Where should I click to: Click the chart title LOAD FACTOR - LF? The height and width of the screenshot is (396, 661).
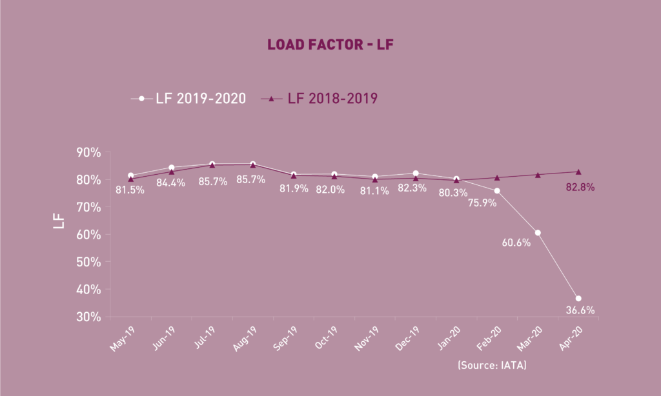(x=330, y=45)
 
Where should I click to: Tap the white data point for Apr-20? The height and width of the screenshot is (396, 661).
(x=578, y=299)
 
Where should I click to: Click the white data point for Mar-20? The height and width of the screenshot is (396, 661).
(x=538, y=233)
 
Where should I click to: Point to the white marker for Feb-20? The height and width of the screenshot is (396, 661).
(x=497, y=191)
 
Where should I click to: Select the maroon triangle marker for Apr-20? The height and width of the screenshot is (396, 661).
(x=578, y=172)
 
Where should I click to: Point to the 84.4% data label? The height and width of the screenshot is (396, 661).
(x=171, y=183)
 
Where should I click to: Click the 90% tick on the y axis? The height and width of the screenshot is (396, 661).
(x=88, y=153)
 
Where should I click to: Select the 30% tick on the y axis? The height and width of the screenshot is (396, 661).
(x=88, y=317)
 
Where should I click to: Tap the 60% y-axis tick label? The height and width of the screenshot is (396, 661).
(x=88, y=235)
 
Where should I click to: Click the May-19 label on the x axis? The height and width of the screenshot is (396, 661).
(x=122, y=337)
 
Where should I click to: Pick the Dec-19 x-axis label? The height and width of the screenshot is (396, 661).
(x=407, y=337)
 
